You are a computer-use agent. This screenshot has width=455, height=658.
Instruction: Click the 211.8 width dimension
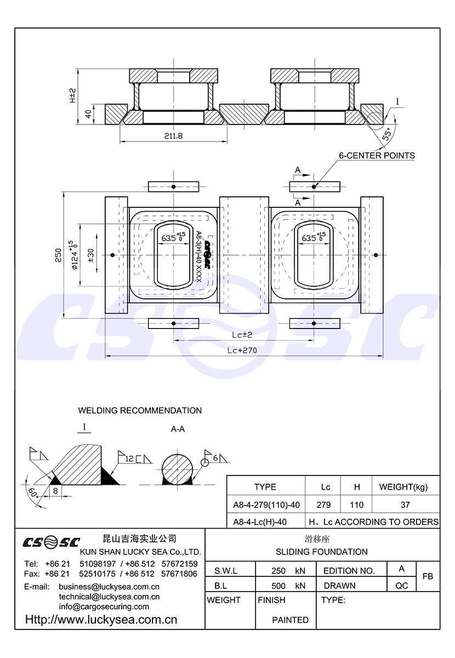pos(173,136)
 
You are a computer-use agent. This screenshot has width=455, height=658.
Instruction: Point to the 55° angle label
pos(388,134)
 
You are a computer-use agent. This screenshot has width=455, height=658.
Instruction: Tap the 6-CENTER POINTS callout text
pos(377,156)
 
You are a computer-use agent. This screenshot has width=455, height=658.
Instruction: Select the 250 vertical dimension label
pos(59,253)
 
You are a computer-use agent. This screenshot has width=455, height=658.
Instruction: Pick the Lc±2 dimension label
pos(241,334)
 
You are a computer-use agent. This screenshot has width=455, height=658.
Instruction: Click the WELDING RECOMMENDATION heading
pos(140,411)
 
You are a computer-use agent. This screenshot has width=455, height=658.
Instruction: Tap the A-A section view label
pos(178,429)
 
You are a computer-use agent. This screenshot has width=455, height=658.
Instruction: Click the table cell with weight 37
pos(405,504)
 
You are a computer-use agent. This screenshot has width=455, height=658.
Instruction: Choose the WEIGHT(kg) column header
pos(403,487)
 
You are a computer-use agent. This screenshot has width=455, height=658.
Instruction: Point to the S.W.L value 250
pos(278,571)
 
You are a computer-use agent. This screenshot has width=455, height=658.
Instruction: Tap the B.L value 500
pos(278,586)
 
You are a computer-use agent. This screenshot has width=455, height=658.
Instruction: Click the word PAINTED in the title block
pos(290,620)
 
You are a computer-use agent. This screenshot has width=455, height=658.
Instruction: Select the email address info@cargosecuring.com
pos(104,606)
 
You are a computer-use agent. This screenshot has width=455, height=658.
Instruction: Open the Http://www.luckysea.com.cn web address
pos(101,620)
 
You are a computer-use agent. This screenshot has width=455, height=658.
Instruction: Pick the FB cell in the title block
pos(428,576)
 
